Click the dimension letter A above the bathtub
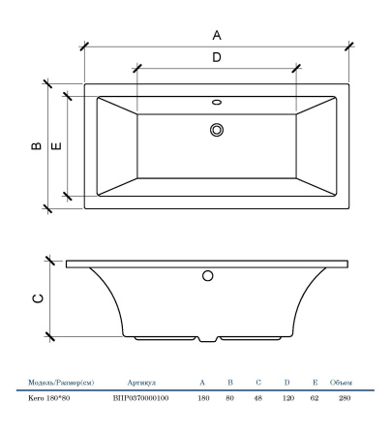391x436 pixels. (217, 35)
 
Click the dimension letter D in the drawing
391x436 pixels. (217, 57)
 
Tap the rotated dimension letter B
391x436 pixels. (37, 146)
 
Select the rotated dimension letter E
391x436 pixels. (56, 146)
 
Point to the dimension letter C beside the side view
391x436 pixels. (38, 298)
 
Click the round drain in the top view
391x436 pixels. (217, 130)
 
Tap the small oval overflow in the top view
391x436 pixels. (217, 102)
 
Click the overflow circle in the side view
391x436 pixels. (208, 276)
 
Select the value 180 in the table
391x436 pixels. (203, 398)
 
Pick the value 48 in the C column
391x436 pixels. (257, 398)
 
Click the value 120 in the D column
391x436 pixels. (288, 398)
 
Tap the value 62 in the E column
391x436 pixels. (315, 398)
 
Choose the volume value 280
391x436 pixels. (345, 398)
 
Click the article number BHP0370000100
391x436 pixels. (140, 398)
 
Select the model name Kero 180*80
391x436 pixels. (49, 398)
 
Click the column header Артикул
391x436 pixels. (141, 383)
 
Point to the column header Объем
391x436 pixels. (341, 383)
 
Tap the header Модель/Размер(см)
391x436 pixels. (61, 383)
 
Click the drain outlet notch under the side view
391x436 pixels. (208, 339)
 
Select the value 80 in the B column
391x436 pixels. (229, 398)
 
